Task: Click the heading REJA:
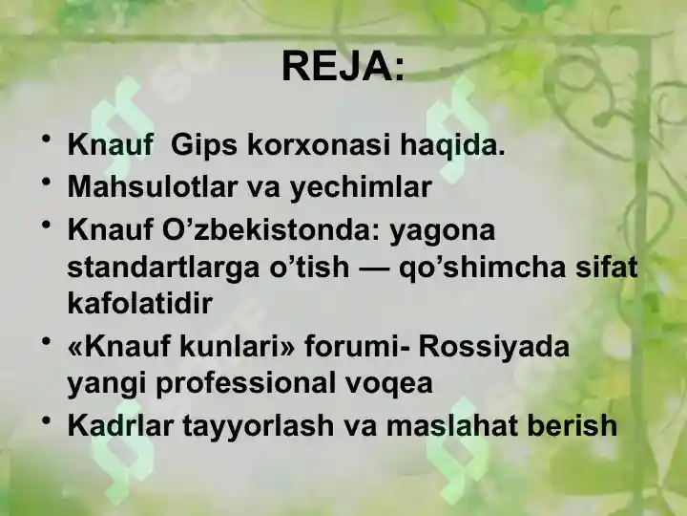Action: click(x=343, y=67)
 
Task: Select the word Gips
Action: click(x=205, y=147)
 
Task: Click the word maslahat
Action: click(x=442, y=425)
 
